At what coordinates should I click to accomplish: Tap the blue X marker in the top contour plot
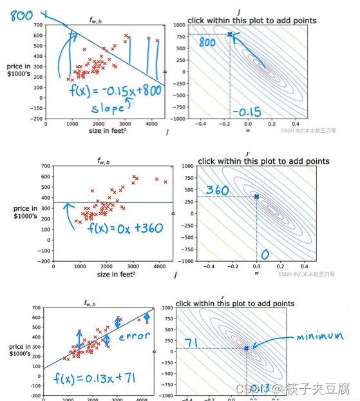231,34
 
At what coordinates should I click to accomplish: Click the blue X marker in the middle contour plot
256,197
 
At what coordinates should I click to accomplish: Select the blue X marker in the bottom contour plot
246,349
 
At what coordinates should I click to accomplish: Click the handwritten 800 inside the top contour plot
207,43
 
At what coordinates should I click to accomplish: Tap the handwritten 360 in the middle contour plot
218,191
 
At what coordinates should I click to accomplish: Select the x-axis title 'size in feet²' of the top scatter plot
108,132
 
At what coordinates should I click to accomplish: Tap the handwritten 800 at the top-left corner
21,14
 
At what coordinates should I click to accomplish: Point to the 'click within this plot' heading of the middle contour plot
263,161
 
